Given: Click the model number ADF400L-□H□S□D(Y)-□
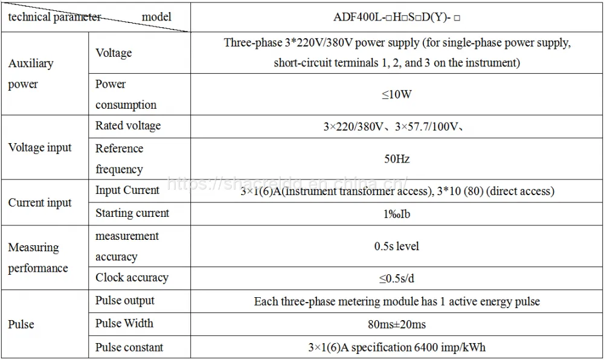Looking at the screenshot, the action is [x=397, y=18].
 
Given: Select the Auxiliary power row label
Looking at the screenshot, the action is [x=31, y=74].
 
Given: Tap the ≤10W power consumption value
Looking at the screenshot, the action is [x=397, y=94].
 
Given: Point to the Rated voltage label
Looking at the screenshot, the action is [x=128, y=126].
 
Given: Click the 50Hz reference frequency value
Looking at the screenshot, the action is [x=397, y=159].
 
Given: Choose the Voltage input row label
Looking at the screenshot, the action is [x=40, y=147].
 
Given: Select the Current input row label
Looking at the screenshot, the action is [x=40, y=202].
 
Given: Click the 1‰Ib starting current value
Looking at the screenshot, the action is [x=397, y=214].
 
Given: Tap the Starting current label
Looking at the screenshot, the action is [x=132, y=213].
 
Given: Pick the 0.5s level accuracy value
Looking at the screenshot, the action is [x=397, y=246].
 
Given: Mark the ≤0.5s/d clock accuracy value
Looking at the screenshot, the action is [x=397, y=278].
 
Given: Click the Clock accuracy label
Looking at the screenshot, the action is [x=132, y=278].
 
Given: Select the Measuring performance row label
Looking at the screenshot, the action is [x=37, y=257].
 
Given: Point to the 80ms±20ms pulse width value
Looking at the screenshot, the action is [x=397, y=324].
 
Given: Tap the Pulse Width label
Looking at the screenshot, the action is [x=124, y=323].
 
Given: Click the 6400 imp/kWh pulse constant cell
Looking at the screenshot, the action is [x=397, y=347].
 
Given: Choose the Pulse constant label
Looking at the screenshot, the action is [x=129, y=347].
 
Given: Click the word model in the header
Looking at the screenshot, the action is [x=156, y=16].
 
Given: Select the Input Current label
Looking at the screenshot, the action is [x=127, y=190].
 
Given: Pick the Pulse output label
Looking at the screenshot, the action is [x=125, y=301].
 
